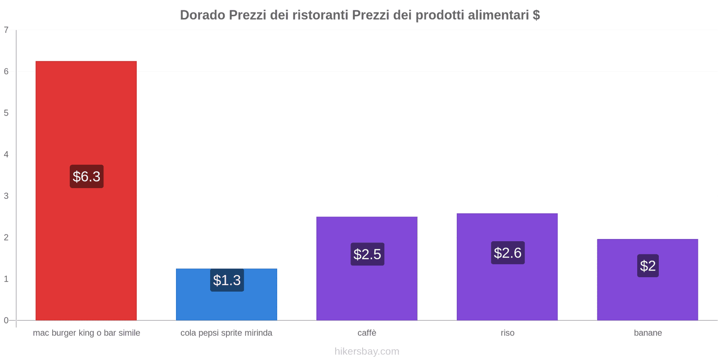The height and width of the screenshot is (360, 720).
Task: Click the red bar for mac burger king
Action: click(86, 112)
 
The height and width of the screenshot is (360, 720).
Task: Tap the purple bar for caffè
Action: click(367, 292)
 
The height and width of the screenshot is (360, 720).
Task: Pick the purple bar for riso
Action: click(507, 292)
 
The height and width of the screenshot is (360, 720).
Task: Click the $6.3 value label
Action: click(86, 176)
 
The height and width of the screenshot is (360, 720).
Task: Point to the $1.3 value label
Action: click(227, 280)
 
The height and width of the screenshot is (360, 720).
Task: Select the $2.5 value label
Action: click(367, 254)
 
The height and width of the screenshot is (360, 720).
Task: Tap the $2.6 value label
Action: click(508, 253)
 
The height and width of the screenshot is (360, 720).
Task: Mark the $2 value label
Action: click(648, 266)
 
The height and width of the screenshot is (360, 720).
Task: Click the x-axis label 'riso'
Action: click(507, 333)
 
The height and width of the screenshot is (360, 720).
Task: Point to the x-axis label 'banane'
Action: click(648, 333)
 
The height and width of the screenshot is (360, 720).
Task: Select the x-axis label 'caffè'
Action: click(367, 333)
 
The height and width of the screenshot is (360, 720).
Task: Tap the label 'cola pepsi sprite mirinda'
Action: click(226, 333)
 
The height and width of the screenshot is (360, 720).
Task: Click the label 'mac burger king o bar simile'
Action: click(86, 333)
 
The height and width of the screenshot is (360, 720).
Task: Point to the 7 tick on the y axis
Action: click(6, 30)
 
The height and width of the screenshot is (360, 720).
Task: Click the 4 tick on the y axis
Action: click(6, 155)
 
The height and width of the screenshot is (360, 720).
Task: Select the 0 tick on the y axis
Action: click(6, 320)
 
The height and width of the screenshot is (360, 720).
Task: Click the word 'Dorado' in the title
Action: click(202, 15)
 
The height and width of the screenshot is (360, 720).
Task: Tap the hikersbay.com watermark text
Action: click(367, 351)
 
